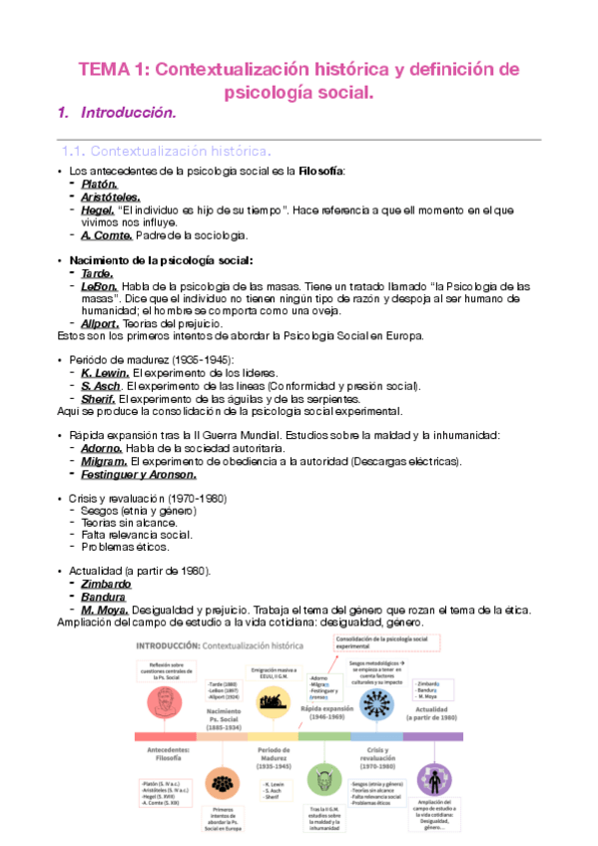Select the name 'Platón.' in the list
pos(100,185)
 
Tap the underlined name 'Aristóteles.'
pos(111,198)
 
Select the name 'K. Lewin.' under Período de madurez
pos(106,373)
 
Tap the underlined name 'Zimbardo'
pos(107,584)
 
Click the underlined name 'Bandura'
pos(104,597)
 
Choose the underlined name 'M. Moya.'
pos(106,610)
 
